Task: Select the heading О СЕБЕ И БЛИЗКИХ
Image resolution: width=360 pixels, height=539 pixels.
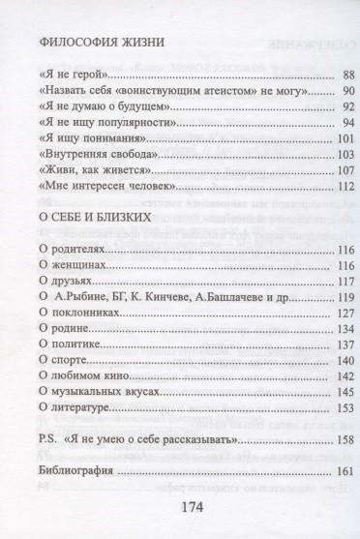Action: coord(96,219)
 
